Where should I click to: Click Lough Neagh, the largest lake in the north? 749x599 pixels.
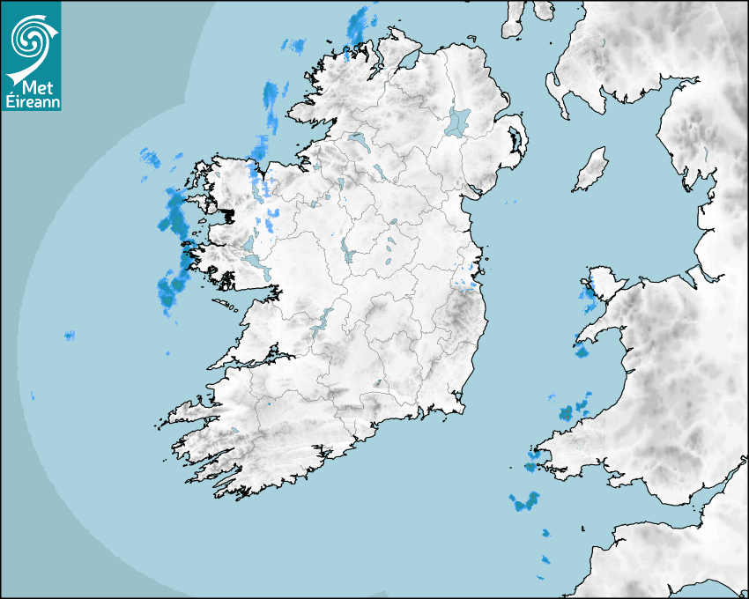click(459, 121)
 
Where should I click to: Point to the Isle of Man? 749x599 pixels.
click(591, 169)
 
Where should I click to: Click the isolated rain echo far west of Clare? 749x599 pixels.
click(69, 335)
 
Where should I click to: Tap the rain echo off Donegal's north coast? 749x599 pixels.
click(358, 26)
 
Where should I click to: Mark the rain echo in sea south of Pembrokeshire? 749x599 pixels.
click(524, 503)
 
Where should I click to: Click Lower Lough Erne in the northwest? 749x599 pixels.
click(357, 138)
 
